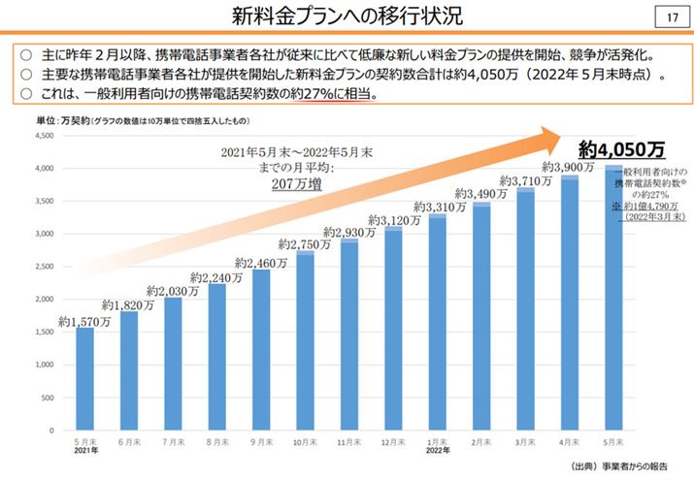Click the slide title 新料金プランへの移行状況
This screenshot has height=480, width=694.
coord(347,16)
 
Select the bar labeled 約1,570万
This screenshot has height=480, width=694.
coord(84,378)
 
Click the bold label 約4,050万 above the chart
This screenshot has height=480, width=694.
coord(621,149)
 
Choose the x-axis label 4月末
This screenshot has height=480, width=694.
coord(569,441)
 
